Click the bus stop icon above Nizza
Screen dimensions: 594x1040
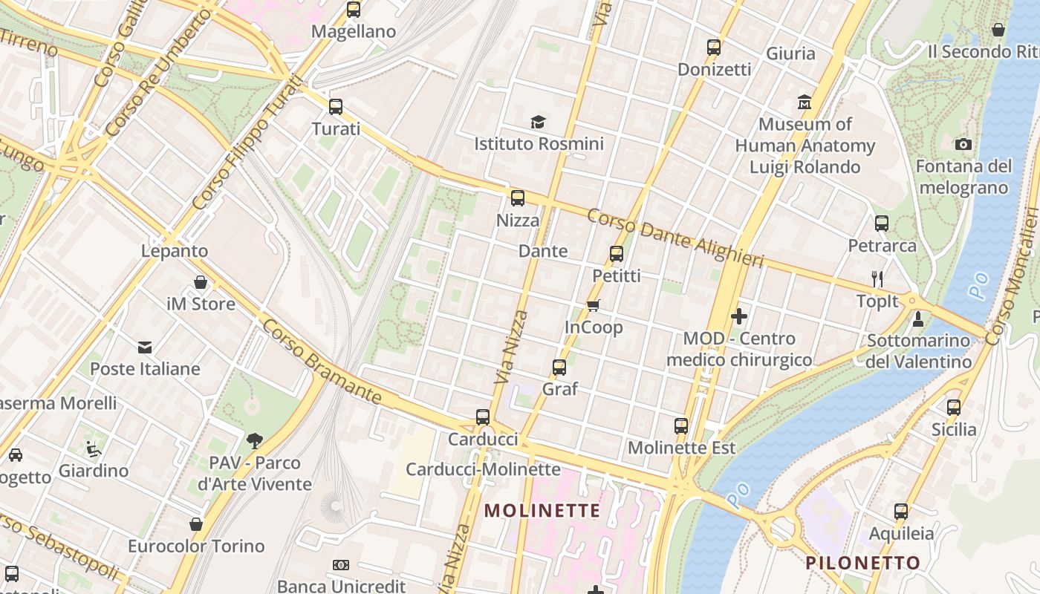pos(518,198)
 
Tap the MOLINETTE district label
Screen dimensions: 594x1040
pos(542,511)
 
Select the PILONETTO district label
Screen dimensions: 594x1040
pos(863,563)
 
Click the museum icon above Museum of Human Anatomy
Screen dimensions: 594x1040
pos(805,102)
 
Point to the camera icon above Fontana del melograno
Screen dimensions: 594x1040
pos(963,144)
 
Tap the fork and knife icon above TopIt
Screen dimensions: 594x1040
pos(877,279)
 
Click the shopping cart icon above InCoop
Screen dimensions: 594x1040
pos(593,305)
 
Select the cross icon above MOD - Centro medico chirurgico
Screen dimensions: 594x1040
pos(739,316)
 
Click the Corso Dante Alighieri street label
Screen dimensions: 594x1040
pos(675,238)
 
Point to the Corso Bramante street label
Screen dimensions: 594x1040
pos(322,362)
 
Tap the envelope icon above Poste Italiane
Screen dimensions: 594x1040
pos(145,347)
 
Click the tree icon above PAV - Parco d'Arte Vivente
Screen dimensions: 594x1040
pos(255,440)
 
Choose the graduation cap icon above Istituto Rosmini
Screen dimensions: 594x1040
pos(538,122)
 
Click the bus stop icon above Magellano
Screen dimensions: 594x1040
pos(354,10)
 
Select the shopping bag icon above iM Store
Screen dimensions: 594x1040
pos(201,282)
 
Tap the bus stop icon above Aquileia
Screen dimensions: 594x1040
pos(901,511)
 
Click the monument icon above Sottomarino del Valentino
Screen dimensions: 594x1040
pos(918,319)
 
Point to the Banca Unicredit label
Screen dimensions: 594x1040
pos(342,586)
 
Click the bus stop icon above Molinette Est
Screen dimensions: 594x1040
pos(681,425)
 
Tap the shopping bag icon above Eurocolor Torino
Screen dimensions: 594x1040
pos(196,524)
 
